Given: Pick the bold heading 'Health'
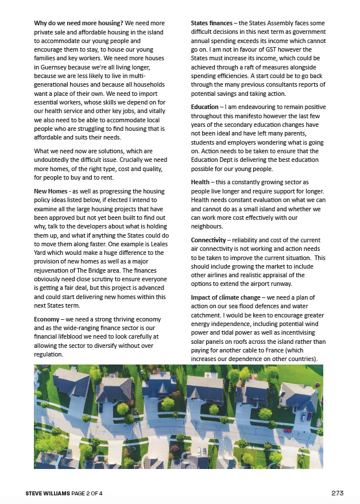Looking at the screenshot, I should coord(200,182).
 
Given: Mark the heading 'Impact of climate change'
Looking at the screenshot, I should coord(226,297).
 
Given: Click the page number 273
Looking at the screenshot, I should coord(338,493).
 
